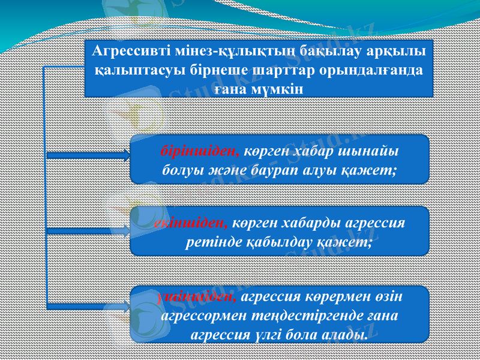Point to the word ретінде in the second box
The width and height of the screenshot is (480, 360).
point(211,242)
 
